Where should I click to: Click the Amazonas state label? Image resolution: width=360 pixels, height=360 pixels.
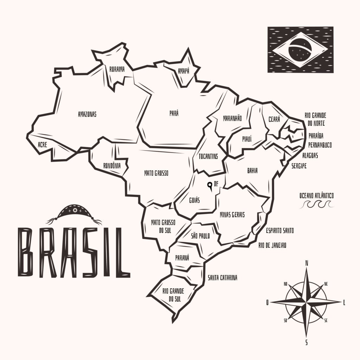(x=87, y=114)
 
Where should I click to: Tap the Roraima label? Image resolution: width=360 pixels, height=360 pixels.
(x=117, y=69)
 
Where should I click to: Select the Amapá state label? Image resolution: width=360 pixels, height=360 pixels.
(x=183, y=71)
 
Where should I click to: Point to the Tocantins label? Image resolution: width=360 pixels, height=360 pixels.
(x=208, y=156)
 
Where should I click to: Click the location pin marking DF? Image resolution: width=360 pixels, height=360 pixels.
(x=210, y=186)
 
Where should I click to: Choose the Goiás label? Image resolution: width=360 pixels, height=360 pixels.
(x=194, y=200)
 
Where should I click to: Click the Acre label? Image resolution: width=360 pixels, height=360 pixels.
(x=42, y=144)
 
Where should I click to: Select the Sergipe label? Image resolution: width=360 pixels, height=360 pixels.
(x=299, y=166)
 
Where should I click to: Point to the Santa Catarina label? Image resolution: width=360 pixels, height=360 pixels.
(x=222, y=278)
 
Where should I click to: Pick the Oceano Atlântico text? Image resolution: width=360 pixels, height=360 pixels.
(x=316, y=195)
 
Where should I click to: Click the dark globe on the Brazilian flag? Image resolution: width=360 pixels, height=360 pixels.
(x=300, y=50)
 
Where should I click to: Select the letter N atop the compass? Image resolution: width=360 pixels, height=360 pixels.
(x=307, y=263)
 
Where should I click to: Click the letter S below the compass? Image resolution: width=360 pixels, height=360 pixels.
(x=307, y=342)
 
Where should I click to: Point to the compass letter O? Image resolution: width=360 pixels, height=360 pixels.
(x=268, y=302)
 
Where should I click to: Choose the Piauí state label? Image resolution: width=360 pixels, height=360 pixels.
(x=247, y=139)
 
